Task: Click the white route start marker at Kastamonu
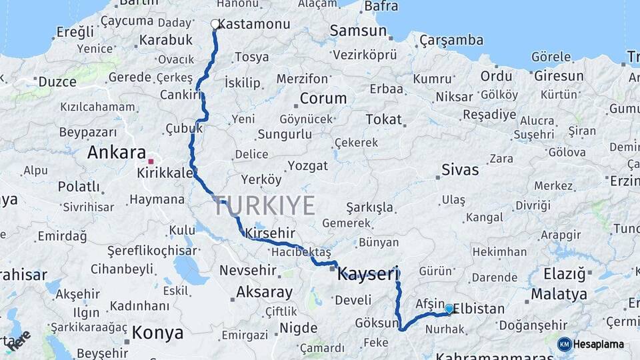pyautogui.click(x=215, y=24)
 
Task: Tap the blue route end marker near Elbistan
pyautogui.click(x=449, y=309)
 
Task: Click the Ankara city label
pyautogui.click(x=116, y=153)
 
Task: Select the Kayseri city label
pyautogui.click(x=368, y=273)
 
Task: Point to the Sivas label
pyautogui.click(x=460, y=169)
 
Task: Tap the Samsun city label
pyautogui.click(x=358, y=31)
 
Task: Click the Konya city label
pyautogui.click(x=157, y=332)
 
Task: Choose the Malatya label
pyautogui.click(x=559, y=294)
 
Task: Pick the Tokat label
pyautogui.click(x=384, y=119)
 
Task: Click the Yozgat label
pyautogui.click(x=307, y=165)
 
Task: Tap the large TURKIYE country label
pyautogui.click(x=264, y=206)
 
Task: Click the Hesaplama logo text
pyautogui.click(x=598, y=344)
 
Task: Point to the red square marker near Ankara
pyautogui.click(x=151, y=161)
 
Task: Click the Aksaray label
pyautogui.click(x=264, y=292)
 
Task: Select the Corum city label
pyautogui.click(x=323, y=99)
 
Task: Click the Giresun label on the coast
pyautogui.click(x=559, y=76)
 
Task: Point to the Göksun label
pyautogui.click(x=377, y=323)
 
